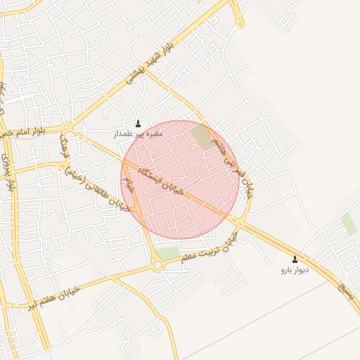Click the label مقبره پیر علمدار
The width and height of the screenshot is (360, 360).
[x=139, y=133]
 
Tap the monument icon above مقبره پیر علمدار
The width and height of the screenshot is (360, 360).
[x=138, y=123]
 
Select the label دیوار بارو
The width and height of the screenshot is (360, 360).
[x=295, y=269]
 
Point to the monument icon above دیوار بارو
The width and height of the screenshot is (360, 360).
[x=295, y=259]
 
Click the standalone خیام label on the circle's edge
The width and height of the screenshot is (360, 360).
[x=127, y=185]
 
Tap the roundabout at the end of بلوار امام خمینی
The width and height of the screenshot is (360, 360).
[x=67, y=128]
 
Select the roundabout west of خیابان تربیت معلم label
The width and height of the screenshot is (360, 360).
[x=157, y=265]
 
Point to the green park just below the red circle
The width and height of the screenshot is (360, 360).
[x=167, y=252]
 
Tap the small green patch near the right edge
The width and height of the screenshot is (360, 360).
[x=349, y=224]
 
